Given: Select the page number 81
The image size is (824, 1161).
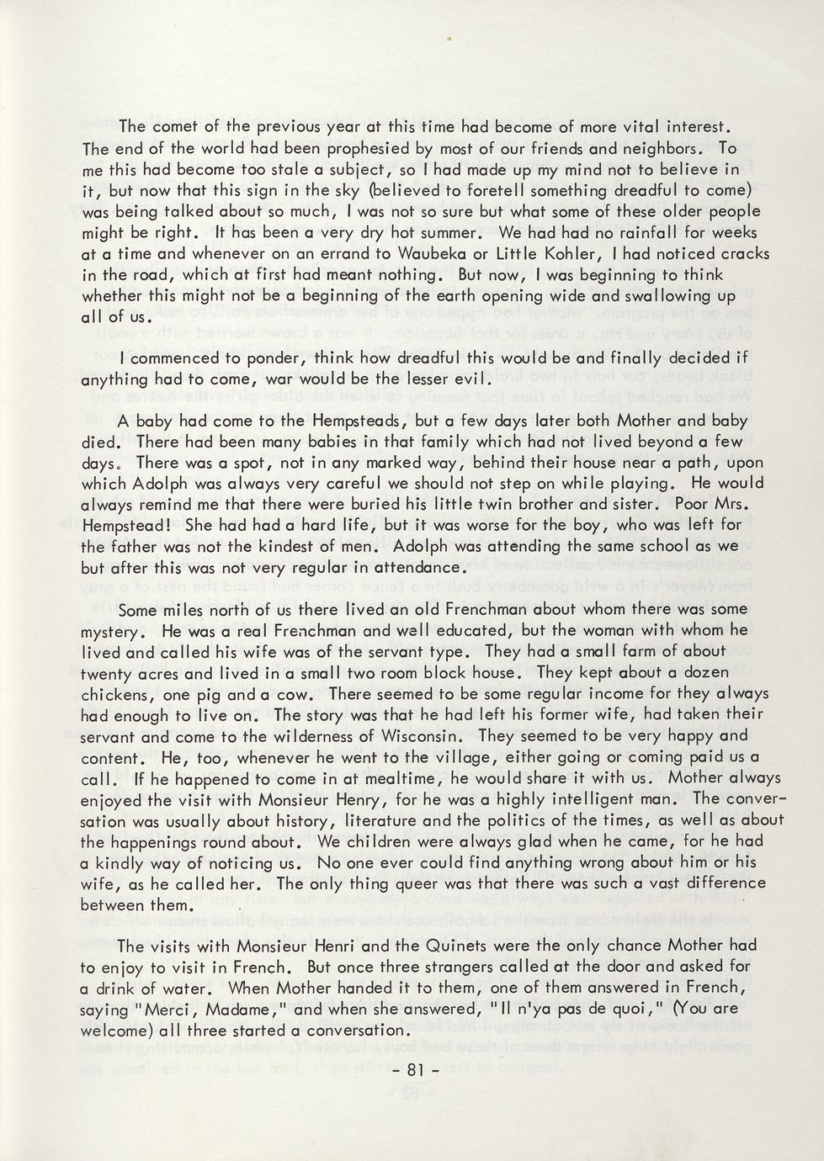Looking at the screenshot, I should pyautogui.click(x=412, y=1071).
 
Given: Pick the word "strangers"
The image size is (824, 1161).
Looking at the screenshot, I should pyautogui.click(x=429, y=967).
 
